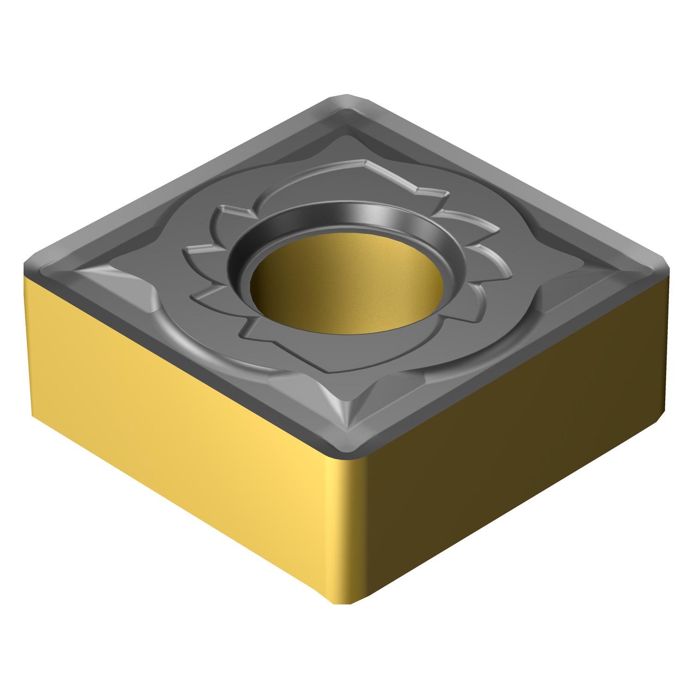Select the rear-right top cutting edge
[x=508, y=180]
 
